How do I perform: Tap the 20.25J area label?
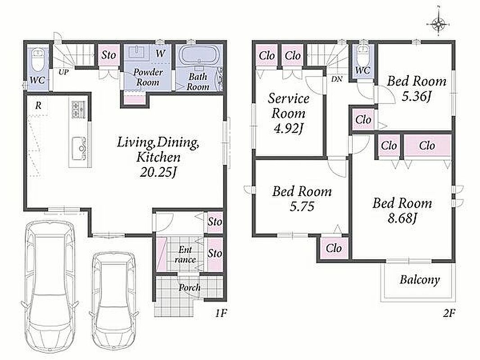point(158,172)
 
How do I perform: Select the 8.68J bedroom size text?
point(402,218)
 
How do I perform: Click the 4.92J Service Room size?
point(288,128)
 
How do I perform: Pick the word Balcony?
point(420,280)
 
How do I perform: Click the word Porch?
point(190,288)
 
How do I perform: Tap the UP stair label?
point(64,72)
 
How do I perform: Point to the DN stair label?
point(337,79)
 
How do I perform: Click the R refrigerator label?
point(38,106)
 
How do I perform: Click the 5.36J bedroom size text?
point(417,97)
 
